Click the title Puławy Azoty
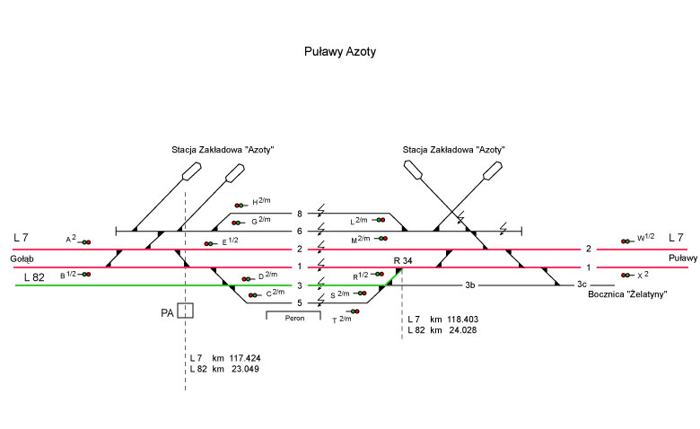(x=340, y=53)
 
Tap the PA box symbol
(x=185, y=311)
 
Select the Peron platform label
(x=293, y=319)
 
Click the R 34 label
(x=402, y=260)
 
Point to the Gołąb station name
(x=22, y=258)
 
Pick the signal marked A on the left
(x=85, y=241)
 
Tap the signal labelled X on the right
(x=626, y=275)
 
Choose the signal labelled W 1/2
(x=626, y=241)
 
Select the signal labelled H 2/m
(x=240, y=206)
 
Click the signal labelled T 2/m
(x=354, y=311)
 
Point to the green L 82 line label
(x=33, y=276)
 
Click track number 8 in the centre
(x=299, y=214)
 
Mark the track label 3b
(x=469, y=285)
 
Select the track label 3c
(x=582, y=285)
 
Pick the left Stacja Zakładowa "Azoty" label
(x=222, y=149)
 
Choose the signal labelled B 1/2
(x=85, y=274)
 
